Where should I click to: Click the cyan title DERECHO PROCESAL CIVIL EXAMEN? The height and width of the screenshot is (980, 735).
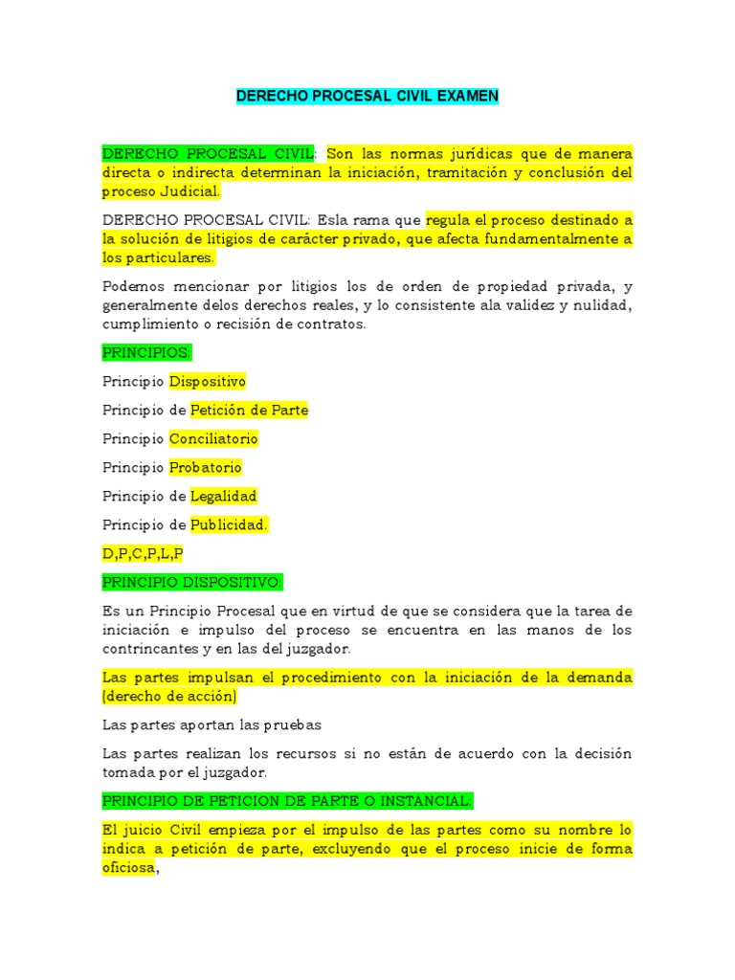coord(367,97)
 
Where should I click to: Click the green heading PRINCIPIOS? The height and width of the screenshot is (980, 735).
coord(146,352)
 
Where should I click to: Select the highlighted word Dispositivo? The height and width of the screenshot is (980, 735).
coord(208,381)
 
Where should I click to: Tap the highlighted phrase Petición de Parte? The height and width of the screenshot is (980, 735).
coord(249,410)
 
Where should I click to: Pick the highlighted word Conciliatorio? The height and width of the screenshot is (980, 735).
coord(213,438)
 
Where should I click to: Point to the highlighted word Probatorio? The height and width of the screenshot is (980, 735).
coord(205,467)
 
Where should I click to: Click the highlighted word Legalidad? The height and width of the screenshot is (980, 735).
coord(224,496)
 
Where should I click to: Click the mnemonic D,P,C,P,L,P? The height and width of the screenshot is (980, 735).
coord(143,553)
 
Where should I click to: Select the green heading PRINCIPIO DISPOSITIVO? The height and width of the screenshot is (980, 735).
coord(192,582)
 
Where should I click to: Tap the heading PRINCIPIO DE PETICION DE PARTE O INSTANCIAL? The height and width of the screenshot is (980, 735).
coord(287,800)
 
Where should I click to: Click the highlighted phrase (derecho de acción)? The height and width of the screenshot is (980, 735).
coord(170,696)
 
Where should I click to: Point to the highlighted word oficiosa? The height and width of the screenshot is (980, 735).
coord(128,868)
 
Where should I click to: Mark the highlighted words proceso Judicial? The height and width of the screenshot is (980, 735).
coord(161,191)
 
